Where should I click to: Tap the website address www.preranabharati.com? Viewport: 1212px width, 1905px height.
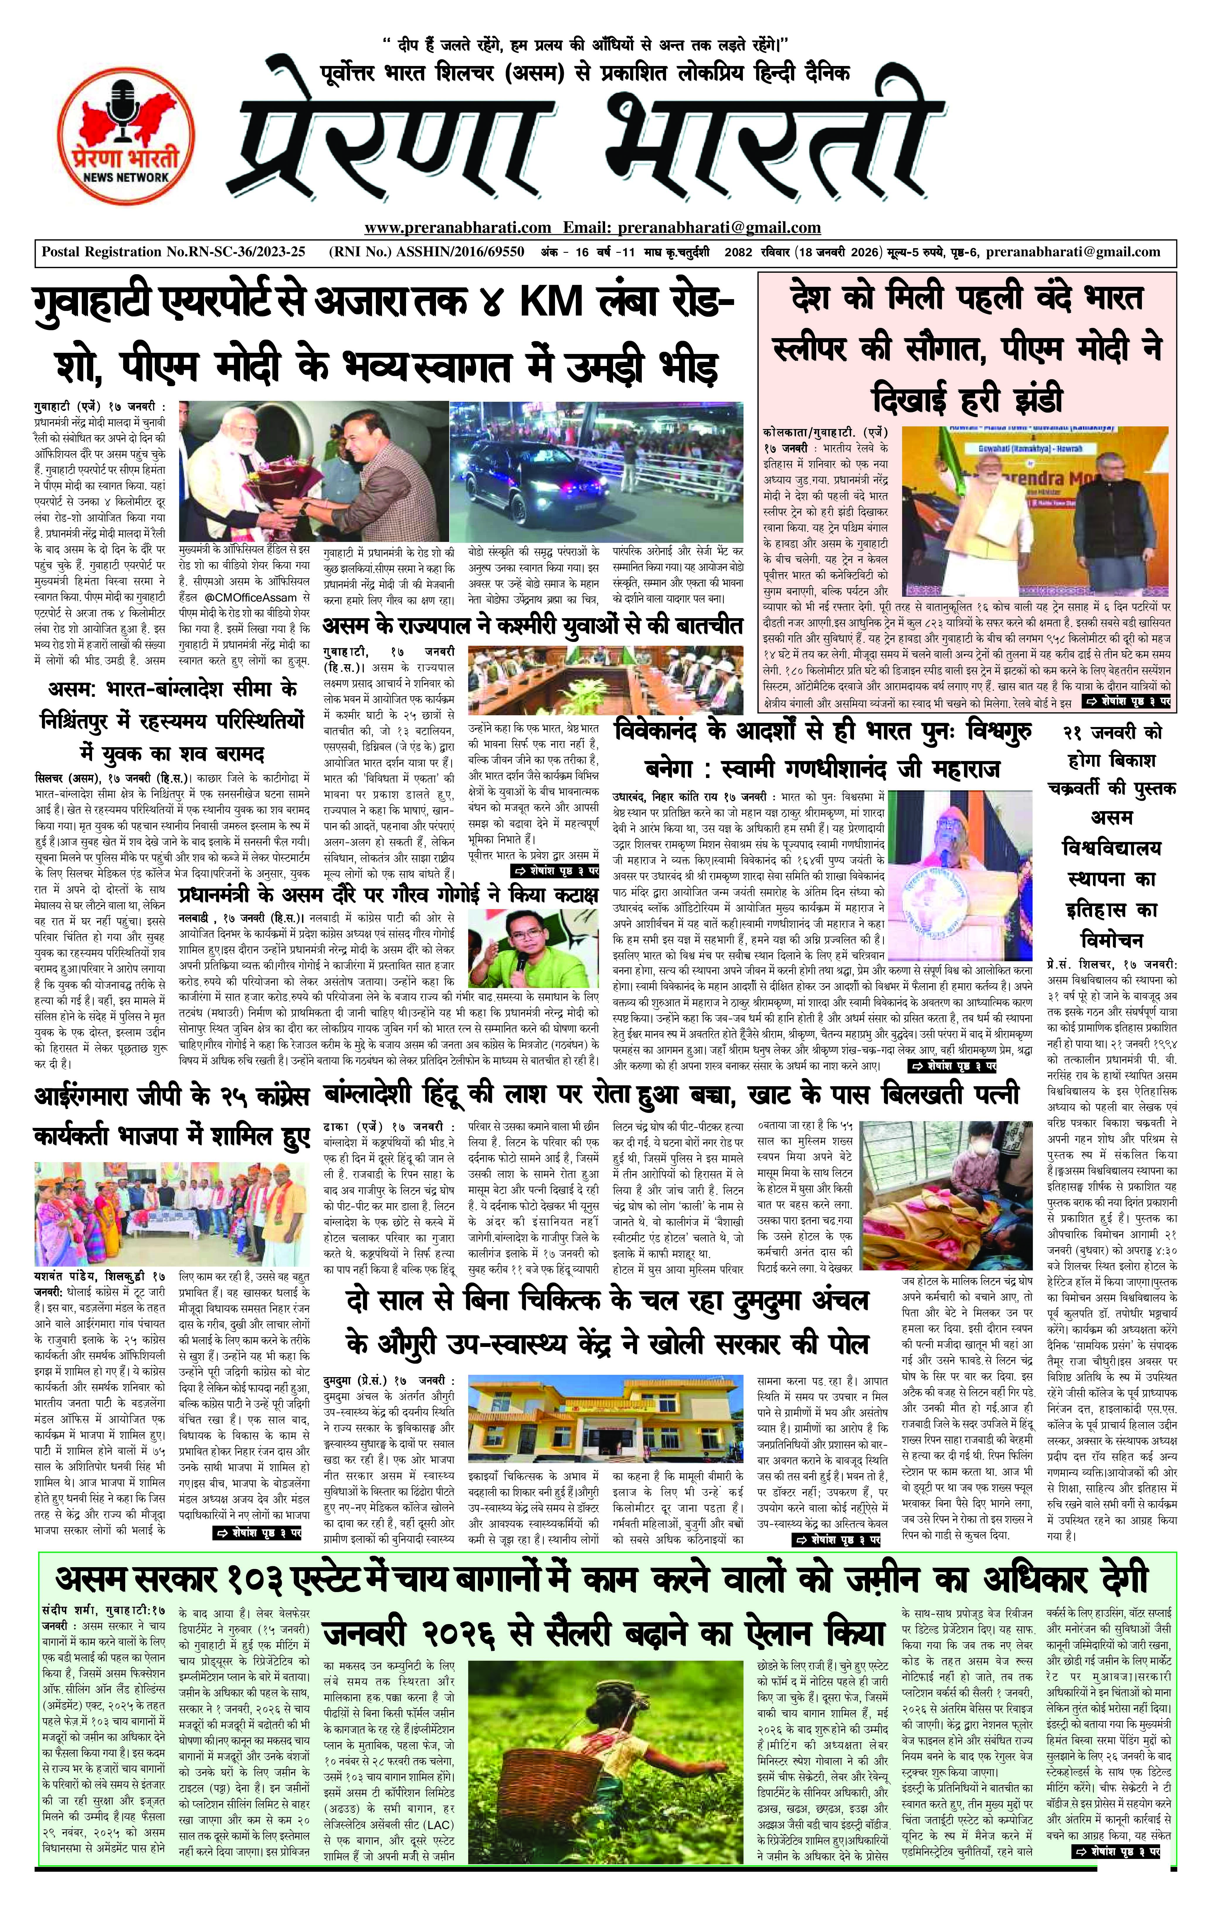tap(457, 228)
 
